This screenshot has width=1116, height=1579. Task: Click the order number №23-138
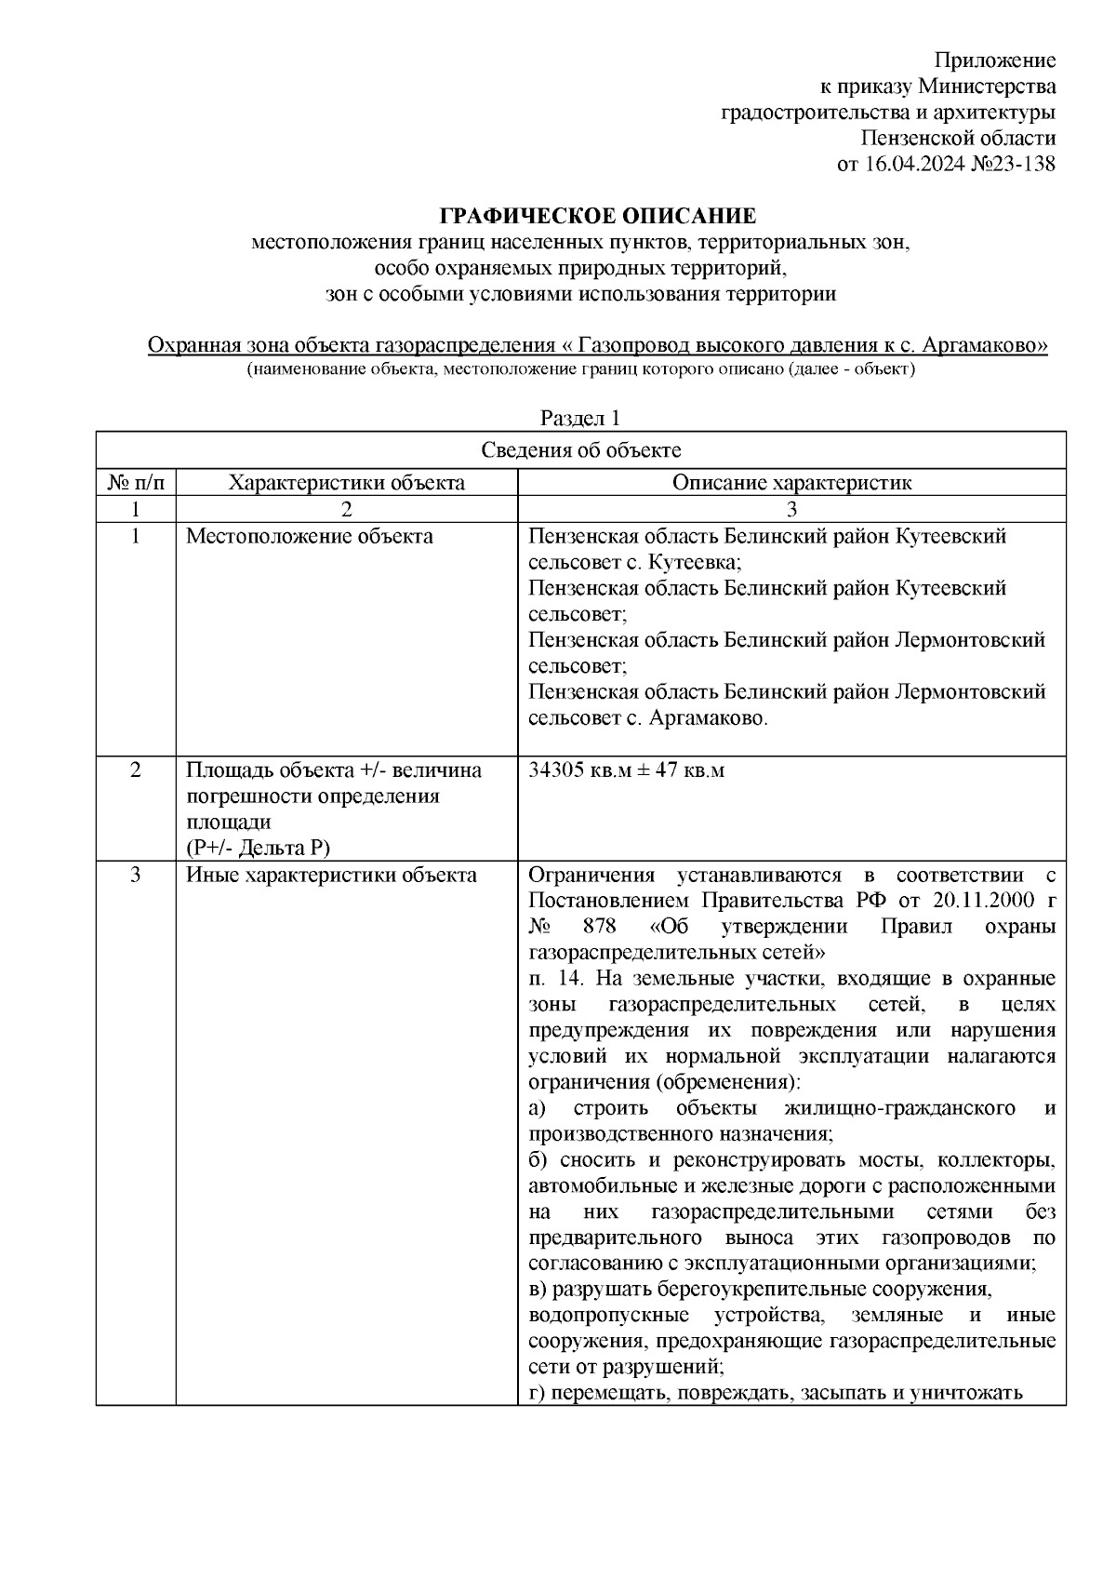point(1009,165)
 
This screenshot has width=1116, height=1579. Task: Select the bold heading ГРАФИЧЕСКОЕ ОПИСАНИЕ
point(598,217)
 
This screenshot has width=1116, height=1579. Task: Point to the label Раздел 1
point(580,418)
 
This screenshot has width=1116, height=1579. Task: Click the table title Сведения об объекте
point(581,450)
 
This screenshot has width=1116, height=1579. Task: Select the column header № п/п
point(136,482)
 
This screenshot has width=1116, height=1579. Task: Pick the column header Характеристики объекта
point(347,482)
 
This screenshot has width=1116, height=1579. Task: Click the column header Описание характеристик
point(791,482)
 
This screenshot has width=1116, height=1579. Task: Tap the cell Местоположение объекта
point(310,536)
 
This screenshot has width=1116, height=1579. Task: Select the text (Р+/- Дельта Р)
point(259,847)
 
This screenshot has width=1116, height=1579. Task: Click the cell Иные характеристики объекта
point(332,875)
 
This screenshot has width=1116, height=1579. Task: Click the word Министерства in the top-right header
point(987,87)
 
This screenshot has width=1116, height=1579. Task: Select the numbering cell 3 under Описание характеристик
point(791,509)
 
